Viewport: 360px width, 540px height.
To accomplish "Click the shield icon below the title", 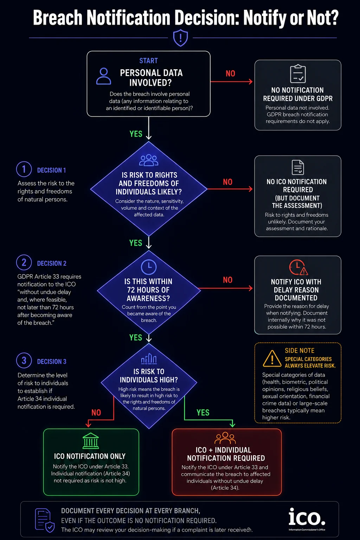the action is [x=180, y=38].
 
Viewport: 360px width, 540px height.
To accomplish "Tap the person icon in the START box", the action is [x=104, y=76].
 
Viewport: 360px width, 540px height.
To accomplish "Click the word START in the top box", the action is [x=148, y=61].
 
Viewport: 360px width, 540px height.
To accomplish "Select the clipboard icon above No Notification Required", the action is [x=298, y=73].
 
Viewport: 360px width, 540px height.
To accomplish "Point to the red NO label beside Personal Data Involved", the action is [x=230, y=73].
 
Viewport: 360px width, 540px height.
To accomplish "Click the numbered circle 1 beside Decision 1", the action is [x=24, y=169].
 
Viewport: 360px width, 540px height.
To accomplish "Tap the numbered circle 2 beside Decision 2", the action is [x=24, y=262].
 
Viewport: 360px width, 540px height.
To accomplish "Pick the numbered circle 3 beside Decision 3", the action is [x=24, y=360].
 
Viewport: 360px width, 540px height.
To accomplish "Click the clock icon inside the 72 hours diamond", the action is [x=148, y=267].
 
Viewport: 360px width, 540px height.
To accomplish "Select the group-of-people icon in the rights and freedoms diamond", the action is [x=149, y=160].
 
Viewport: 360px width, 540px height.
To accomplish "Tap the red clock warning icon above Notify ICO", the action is [x=298, y=267].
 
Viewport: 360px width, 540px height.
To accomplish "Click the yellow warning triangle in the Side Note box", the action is [x=272, y=359].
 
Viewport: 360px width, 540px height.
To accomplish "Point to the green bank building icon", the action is [x=91, y=441].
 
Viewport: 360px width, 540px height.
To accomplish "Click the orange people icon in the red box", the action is [x=225, y=438].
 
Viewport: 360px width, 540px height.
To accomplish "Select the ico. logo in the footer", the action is [x=307, y=517].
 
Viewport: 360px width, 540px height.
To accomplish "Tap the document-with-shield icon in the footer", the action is [x=45, y=520].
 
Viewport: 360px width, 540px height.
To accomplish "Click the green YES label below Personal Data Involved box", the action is [x=136, y=134].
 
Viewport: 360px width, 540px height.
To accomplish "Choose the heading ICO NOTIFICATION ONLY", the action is [x=90, y=456].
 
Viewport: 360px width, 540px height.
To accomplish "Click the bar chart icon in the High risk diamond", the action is [x=149, y=359].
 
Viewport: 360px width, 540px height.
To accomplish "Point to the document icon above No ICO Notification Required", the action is [x=298, y=167].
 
